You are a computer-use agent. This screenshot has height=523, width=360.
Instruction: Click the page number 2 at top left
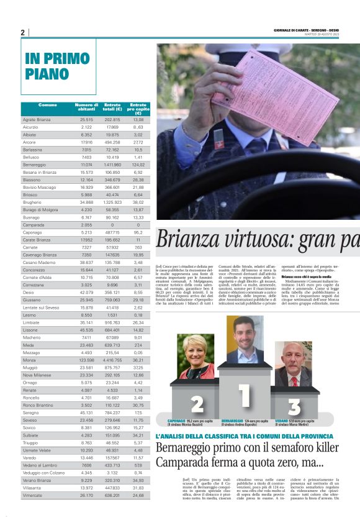point(22,32)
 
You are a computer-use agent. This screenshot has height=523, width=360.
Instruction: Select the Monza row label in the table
point(30,360)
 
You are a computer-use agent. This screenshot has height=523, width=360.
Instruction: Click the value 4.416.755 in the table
point(112,360)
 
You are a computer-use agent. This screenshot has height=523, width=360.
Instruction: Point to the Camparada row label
point(34,224)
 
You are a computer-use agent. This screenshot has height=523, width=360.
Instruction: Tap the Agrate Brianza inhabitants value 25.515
point(86,119)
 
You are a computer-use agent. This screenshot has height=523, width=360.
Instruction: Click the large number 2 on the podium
point(197,404)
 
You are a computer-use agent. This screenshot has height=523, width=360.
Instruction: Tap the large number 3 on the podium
point(294,407)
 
